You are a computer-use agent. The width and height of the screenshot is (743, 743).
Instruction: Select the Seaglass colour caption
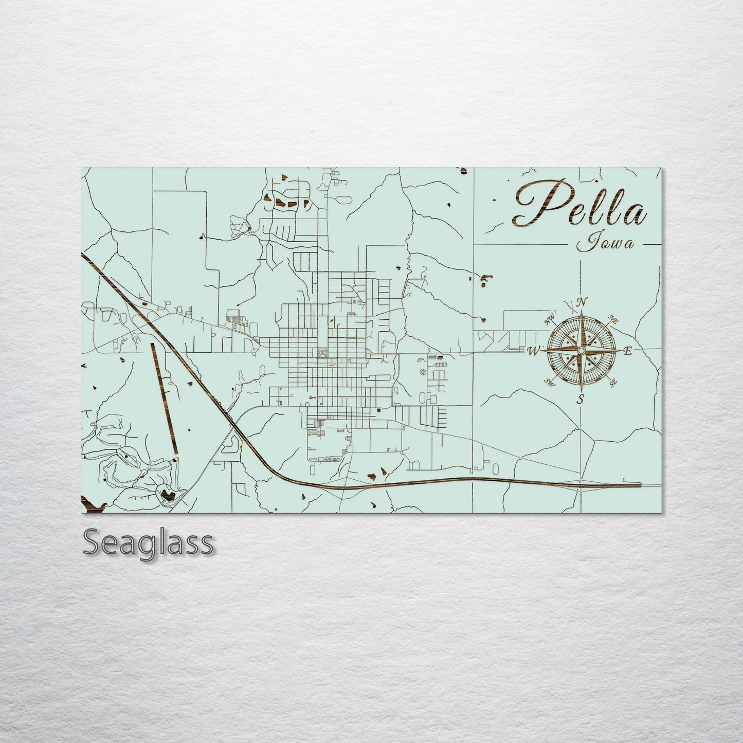point(148,542)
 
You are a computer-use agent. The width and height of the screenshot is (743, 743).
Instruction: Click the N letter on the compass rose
point(582,302)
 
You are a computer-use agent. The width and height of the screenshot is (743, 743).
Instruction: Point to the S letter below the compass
point(581,399)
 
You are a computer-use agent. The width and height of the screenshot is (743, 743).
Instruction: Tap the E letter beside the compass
point(627,352)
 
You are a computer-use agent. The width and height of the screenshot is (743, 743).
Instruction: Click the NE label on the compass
point(613,319)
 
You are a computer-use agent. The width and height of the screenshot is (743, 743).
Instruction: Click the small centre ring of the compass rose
point(581,350)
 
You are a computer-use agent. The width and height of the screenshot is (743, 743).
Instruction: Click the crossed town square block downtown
point(322,353)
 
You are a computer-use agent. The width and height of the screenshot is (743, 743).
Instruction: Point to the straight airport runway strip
point(164,398)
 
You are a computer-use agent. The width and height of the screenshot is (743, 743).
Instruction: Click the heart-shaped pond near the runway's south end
point(167,495)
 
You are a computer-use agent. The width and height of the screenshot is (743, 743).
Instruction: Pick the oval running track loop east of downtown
point(423,397)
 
